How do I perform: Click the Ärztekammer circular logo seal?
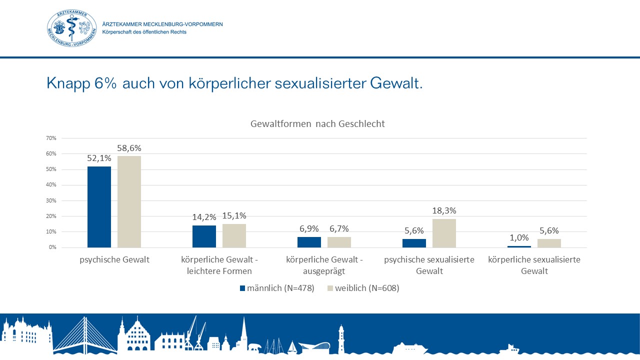[72, 28]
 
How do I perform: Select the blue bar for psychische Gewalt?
[99, 206]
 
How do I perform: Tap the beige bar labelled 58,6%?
[129, 201]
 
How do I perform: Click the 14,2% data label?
[204, 217]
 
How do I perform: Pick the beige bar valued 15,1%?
[234, 235]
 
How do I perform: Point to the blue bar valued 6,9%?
[309, 242]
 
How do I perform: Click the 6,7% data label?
[339, 228]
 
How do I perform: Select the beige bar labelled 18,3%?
[444, 233]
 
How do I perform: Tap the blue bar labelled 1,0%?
[519, 246]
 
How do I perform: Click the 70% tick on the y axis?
[51, 138]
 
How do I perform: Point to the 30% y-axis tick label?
[51, 200]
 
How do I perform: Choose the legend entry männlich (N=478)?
[277, 288]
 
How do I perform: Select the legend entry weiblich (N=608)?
[363, 288]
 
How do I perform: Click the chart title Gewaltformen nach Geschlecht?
[317, 124]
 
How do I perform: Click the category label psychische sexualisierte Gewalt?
[429, 265]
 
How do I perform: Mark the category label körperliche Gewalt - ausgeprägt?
[324, 265]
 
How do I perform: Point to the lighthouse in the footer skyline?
[341, 339]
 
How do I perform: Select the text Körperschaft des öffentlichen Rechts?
[144, 32]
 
